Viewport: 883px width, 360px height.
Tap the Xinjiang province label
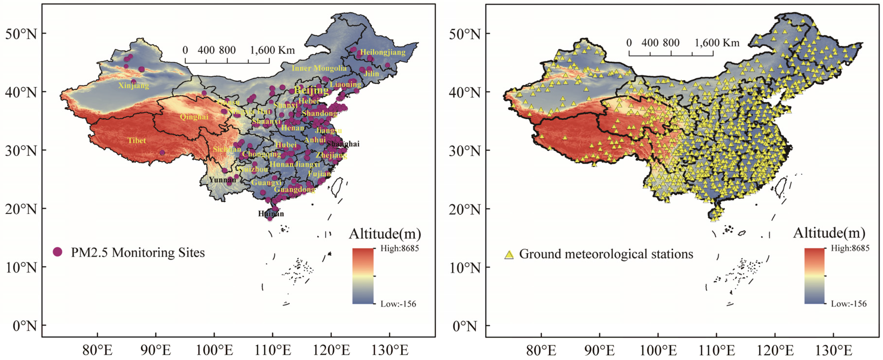pos(134,85)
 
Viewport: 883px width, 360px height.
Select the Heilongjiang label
pos(383,53)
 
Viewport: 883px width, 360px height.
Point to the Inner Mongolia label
pos(319,68)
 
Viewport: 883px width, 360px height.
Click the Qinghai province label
pos(194,117)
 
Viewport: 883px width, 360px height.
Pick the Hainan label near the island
pos(271,214)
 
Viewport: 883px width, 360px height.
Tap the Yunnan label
pos(222,180)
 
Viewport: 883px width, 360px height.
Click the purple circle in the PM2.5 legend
pos(58,252)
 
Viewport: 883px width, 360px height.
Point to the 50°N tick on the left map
pos(21,34)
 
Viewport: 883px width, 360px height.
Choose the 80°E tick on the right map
pos(541,350)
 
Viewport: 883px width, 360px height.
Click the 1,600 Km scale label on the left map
pos(272,50)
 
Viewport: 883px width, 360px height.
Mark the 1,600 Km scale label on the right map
pos(717,43)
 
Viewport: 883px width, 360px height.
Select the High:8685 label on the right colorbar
pos(850,248)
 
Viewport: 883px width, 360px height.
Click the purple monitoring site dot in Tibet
pos(162,153)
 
